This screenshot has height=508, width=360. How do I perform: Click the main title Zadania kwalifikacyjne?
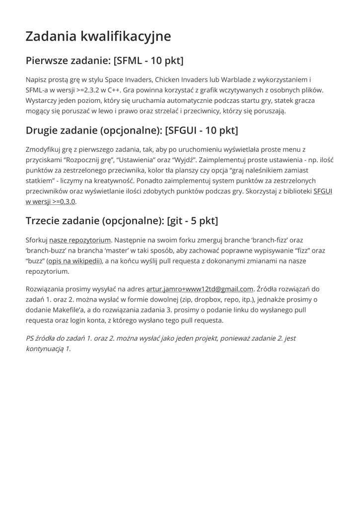click(x=98, y=36)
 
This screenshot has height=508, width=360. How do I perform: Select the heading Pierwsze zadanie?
click(x=104, y=61)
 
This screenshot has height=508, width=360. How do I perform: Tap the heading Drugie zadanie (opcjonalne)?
click(x=132, y=130)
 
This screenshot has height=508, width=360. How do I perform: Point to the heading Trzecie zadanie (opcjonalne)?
click(x=122, y=221)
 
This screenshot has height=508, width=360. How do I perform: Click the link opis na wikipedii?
click(x=74, y=261)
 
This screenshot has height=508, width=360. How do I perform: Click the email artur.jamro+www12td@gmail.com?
click(x=200, y=289)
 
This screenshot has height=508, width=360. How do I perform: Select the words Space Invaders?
click(x=129, y=79)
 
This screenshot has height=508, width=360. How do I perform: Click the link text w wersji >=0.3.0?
click(x=51, y=201)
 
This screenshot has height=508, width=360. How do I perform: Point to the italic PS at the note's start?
click(x=30, y=338)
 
